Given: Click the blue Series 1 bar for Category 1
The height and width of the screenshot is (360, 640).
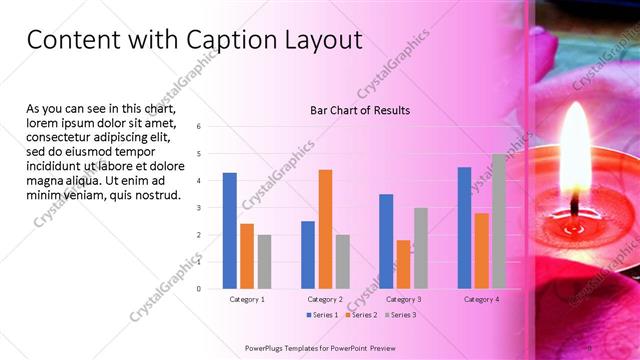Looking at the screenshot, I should (x=230, y=231).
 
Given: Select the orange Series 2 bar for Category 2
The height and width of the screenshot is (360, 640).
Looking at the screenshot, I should (x=325, y=229).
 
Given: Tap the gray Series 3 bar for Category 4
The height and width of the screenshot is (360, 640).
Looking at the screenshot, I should (x=498, y=221).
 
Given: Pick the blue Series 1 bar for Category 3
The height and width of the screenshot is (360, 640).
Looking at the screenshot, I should (x=386, y=241).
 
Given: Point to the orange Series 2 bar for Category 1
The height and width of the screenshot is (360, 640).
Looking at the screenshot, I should (x=247, y=256).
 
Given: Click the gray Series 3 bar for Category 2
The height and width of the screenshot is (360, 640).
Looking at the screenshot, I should (x=342, y=261).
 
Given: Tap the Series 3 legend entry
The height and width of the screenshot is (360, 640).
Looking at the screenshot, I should (x=399, y=315).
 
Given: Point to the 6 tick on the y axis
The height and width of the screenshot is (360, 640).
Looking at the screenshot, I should (x=199, y=127).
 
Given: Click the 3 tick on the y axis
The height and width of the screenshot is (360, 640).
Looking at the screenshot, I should (x=199, y=208).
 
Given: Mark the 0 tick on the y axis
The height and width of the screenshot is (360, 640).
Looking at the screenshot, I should (x=199, y=289).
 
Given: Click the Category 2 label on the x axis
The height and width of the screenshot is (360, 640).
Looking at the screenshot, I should (x=325, y=299).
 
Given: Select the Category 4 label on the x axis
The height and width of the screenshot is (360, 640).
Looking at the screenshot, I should (x=481, y=299).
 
